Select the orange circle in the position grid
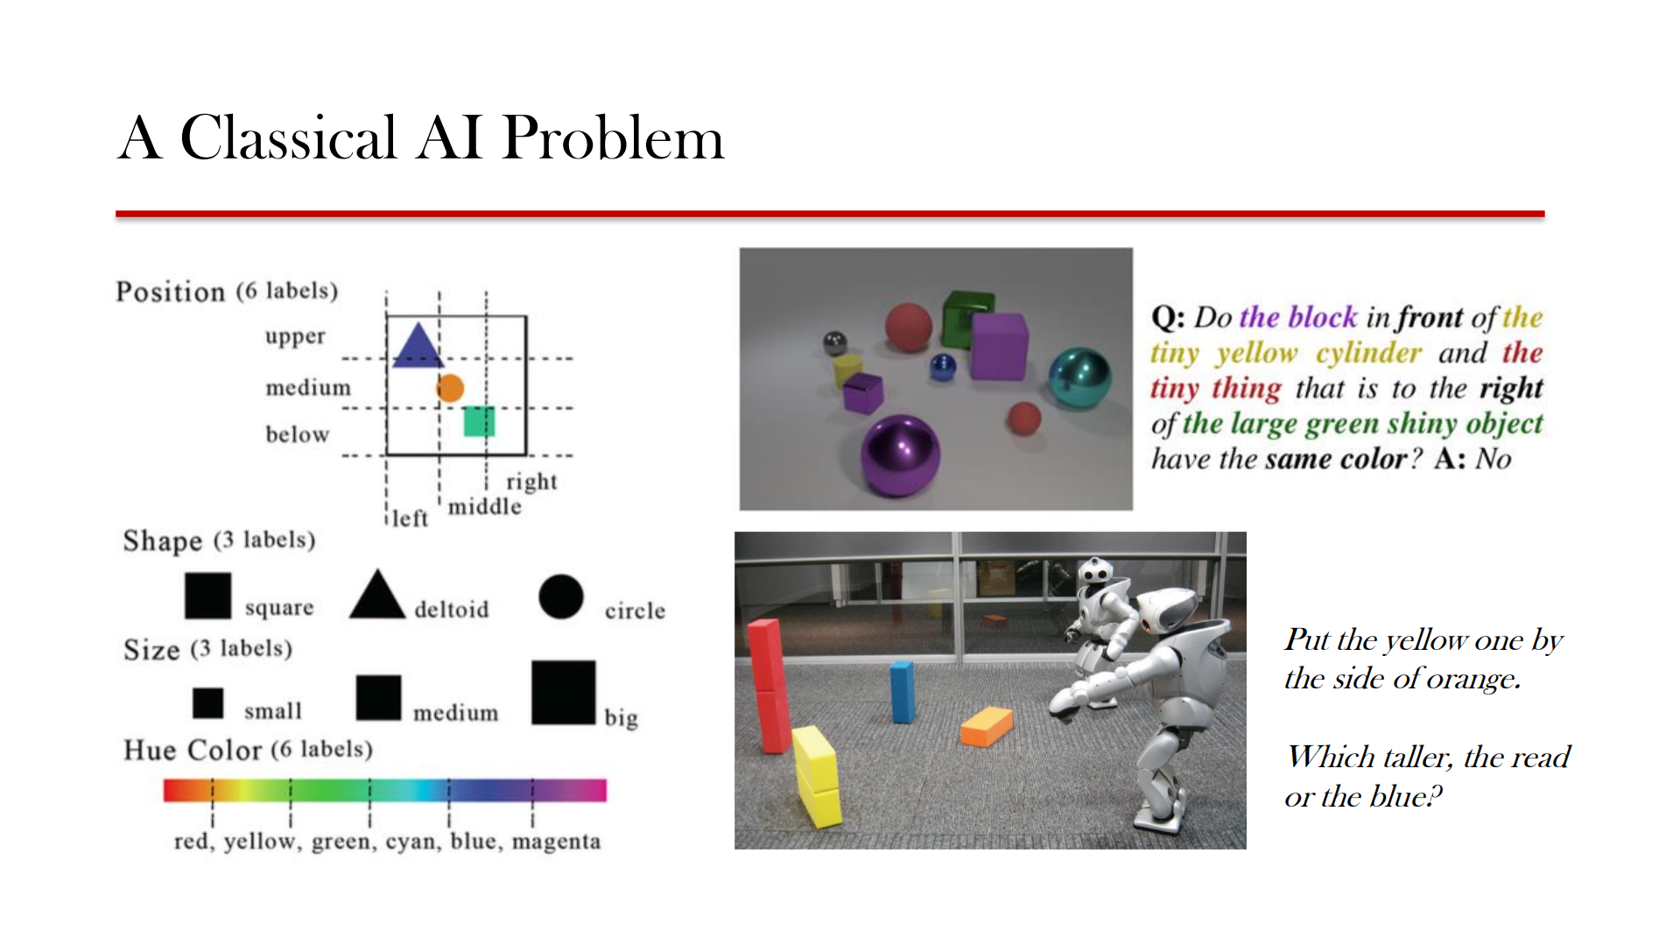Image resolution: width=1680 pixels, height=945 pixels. pos(450,388)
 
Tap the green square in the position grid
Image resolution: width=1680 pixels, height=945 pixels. pos(479,421)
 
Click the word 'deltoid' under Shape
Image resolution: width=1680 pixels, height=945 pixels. pos(451,610)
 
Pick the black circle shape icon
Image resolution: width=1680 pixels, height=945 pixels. pos(561,597)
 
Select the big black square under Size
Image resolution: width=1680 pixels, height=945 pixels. pos(563,692)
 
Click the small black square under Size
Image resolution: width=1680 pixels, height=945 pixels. pos(207,702)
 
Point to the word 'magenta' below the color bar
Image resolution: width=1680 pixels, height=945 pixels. pos(556,842)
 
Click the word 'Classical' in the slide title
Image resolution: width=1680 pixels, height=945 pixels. pos(288,138)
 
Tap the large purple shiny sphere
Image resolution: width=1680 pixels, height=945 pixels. pos(900,455)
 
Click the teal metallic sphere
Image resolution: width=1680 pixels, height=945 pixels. pos(1079,377)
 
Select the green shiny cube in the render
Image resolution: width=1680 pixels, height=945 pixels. pos(967,317)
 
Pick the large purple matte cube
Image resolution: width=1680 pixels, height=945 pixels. pos(999,347)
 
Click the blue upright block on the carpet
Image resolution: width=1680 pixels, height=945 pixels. pos(902,692)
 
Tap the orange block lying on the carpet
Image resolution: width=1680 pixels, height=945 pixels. pos(987,726)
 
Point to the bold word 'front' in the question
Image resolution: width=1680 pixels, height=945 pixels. pos(1430,317)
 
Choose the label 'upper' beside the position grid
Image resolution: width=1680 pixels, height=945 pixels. pos(295,337)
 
